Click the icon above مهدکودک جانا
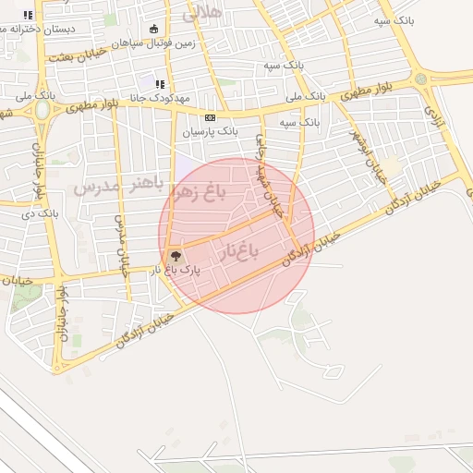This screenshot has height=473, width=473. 160,84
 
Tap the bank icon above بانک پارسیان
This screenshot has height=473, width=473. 210,117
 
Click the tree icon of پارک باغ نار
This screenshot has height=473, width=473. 175,256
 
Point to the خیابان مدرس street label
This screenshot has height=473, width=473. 120,246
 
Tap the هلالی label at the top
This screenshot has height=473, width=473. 204,12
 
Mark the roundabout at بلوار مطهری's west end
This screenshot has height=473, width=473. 42,109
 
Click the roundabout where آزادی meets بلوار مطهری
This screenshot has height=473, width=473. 422,79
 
